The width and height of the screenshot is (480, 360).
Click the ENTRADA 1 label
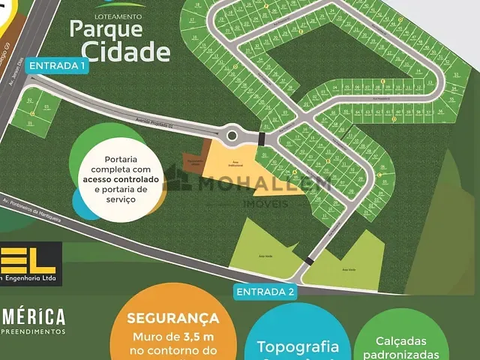coord(58,66)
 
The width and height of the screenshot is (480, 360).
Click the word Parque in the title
coord(106,28)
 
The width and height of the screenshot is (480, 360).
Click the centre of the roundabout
coord(232,136)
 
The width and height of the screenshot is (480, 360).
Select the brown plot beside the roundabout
coord(194,163)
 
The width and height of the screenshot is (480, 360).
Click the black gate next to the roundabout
coord(261,139)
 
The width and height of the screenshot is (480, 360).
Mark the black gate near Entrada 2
coord(309,261)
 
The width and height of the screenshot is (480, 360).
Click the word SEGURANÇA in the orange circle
coord(172,319)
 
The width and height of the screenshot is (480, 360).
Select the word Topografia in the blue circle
coord(298,346)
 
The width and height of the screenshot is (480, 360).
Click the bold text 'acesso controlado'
coord(121,180)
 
